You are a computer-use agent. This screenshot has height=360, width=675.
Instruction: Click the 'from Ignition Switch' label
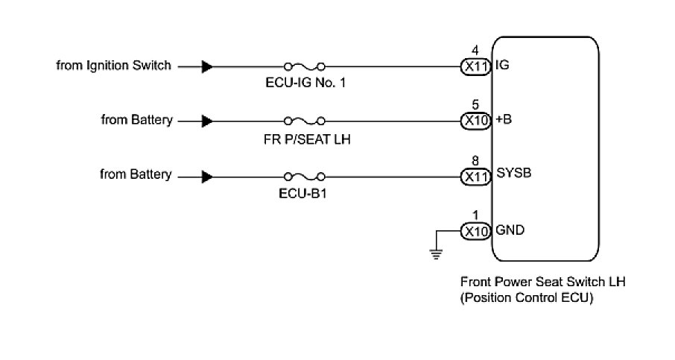click(x=113, y=66)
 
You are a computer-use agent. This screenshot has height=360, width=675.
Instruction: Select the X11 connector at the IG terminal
click(x=475, y=66)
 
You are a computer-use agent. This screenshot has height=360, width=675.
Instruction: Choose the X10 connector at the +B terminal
click(x=475, y=120)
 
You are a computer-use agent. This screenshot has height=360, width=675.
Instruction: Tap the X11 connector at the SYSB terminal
click(x=475, y=177)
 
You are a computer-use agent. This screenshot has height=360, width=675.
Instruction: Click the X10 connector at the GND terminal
click(x=475, y=230)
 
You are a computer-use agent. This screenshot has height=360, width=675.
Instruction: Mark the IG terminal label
click(x=502, y=66)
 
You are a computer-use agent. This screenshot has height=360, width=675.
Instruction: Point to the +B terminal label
click(x=504, y=119)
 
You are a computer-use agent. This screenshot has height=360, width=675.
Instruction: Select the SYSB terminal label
click(x=510, y=173)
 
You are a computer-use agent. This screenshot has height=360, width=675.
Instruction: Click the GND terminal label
click(x=509, y=230)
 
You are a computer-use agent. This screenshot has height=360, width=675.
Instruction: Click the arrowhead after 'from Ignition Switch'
click(x=207, y=66)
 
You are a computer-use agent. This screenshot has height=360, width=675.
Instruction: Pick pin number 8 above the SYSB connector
click(x=475, y=160)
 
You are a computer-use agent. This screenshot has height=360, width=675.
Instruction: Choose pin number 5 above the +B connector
click(x=475, y=104)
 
